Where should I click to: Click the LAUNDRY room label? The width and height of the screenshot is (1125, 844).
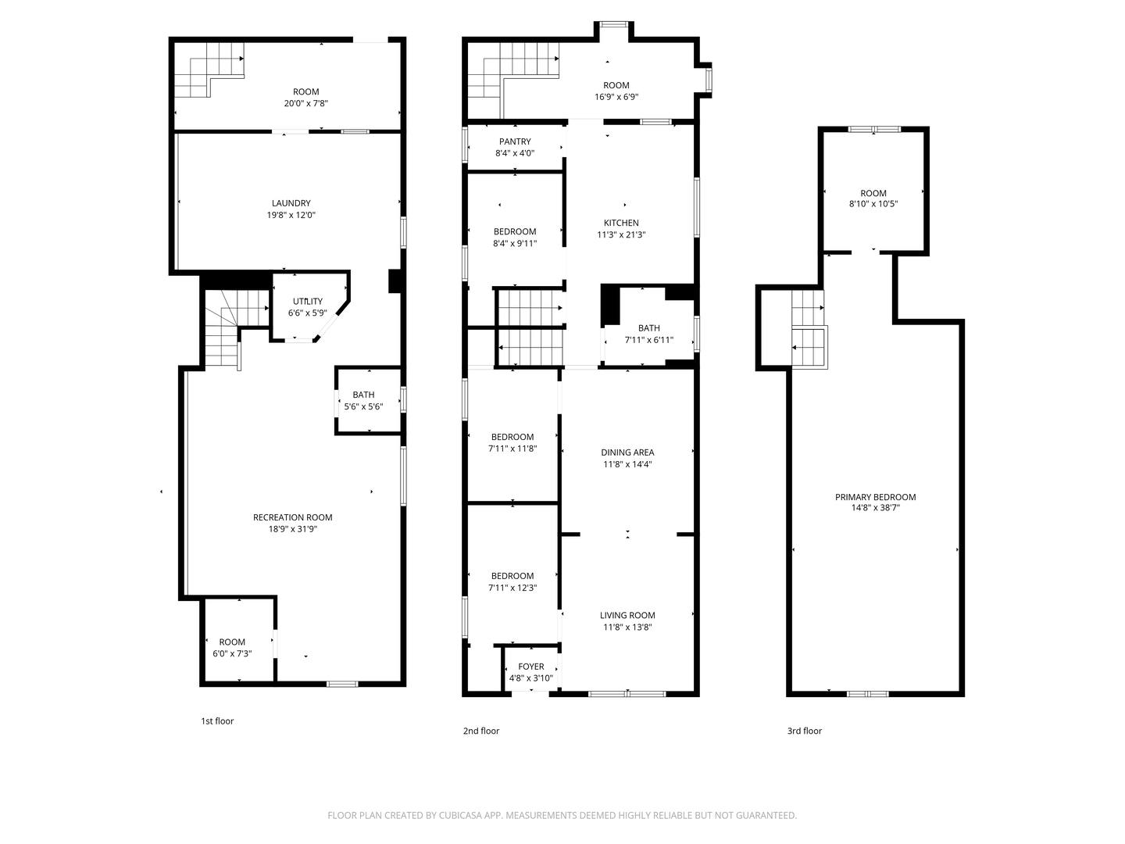(291, 203)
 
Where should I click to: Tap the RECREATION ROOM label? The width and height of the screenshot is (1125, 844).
(292, 517)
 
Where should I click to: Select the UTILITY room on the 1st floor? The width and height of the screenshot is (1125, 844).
(307, 302)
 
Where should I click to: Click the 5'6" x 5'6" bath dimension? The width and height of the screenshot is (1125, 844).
(363, 406)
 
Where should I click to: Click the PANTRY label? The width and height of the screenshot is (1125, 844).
(515, 141)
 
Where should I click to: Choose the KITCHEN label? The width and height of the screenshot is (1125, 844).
(621, 223)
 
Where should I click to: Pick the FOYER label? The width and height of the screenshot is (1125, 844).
(530, 667)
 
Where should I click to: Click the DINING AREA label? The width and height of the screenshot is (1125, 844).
(627, 452)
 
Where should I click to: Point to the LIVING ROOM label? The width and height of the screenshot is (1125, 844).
(627, 615)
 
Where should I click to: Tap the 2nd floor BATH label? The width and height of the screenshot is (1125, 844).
(648, 328)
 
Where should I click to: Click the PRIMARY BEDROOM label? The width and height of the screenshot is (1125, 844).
(875, 497)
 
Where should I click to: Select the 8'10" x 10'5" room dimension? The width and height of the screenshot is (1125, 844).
(873, 204)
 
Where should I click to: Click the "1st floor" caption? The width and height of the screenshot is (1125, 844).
(217, 721)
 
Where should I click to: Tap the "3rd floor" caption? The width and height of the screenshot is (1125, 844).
(804, 731)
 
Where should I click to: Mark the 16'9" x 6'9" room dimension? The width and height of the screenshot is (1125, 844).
(616, 97)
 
